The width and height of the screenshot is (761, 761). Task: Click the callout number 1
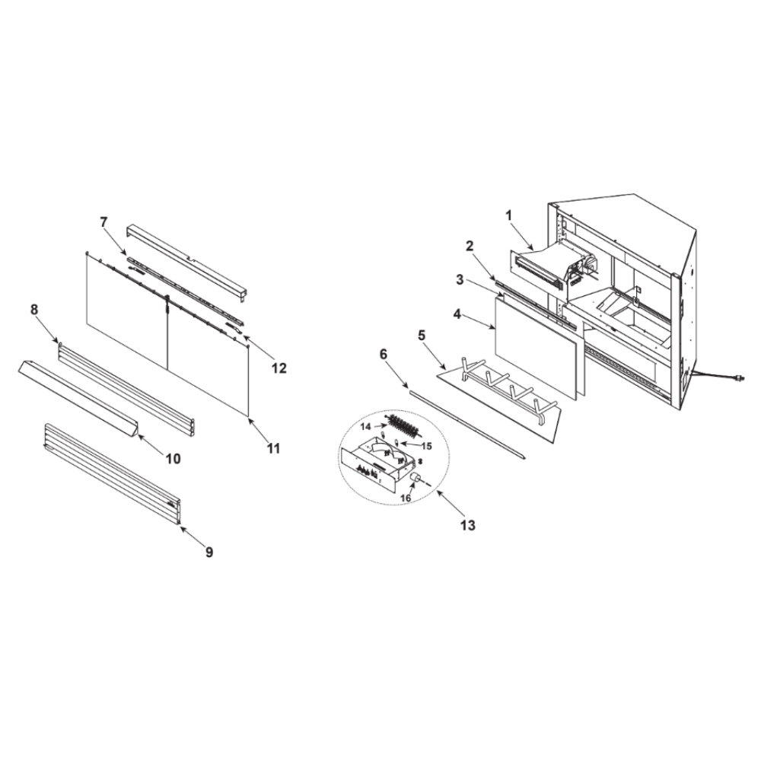click(x=509, y=215)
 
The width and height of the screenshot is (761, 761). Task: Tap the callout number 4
click(x=457, y=314)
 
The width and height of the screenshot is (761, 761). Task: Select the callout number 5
click(x=422, y=335)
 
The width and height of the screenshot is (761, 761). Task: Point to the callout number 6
click(x=384, y=355)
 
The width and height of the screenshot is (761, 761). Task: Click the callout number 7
click(x=103, y=221)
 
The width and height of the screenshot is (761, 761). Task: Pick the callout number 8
click(x=34, y=310)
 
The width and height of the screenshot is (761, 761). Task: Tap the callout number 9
click(x=209, y=552)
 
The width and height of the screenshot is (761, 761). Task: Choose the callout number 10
click(x=174, y=458)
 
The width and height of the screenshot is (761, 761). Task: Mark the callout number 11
click(x=274, y=448)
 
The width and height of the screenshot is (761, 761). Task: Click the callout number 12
click(x=279, y=368)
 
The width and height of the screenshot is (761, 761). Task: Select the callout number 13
click(x=468, y=524)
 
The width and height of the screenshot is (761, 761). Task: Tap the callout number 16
click(x=406, y=498)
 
